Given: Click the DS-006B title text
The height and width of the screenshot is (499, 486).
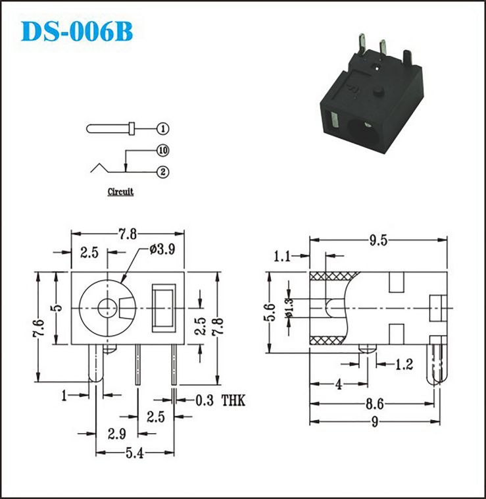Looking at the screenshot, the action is (x=76, y=32).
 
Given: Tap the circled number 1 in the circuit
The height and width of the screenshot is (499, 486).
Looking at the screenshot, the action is (x=163, y=129).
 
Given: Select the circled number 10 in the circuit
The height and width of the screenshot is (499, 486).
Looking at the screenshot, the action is (x=163, y=151).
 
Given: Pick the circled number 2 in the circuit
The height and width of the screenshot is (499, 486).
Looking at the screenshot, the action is (x=163, y=172).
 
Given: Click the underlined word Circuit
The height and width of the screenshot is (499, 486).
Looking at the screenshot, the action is (x=120, y=192).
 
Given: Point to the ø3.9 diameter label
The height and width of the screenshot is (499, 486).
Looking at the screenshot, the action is (x=162, y=249).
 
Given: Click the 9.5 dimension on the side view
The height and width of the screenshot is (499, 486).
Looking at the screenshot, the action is (x=378, y=240).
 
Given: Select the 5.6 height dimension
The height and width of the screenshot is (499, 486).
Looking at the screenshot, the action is (x=270, y=312).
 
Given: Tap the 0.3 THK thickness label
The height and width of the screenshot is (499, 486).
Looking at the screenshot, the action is (x=220, y=400).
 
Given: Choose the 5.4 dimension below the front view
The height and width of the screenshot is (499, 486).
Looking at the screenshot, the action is (x=135, y=453).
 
